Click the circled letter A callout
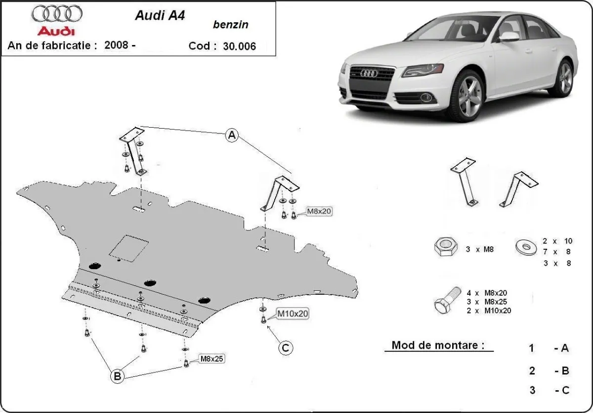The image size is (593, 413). pyautogui.click(x=232, y=135)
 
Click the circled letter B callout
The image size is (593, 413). pyautogui.click(x=117, y=376)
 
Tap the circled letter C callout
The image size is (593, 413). pyautogui.click(x=285, y=348)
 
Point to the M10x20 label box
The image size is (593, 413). pyautogui.click(x=292, y=313)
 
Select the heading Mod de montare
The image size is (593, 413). pyautogui.click(x=438, y=345)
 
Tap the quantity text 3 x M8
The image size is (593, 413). pyautogui.click(x=479, y=249)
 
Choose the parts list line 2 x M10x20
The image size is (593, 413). pyautogui.click(x=488, y=311)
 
